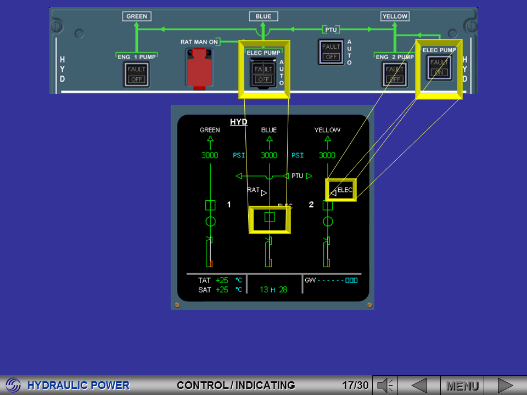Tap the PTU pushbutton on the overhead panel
(x=331, y=52)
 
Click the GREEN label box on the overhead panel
(x=137, y=16)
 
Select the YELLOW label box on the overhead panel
(x=395, y=16)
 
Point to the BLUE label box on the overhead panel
(x=263, y=16)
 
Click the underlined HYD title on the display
(x=239, y=122)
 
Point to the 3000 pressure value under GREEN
(x=210, y=155)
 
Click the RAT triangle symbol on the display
(x=264, y=193)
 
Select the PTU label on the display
(x=297, y=176)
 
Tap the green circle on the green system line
(x=210, y=222)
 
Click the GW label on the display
(x=310, y=280)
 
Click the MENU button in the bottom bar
(x=462, y=386)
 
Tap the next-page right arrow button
(x=505, y=386)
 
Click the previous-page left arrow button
(x=419, y=386)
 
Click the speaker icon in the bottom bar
(x=385, y=386)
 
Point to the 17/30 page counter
(x=355, y=385)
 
